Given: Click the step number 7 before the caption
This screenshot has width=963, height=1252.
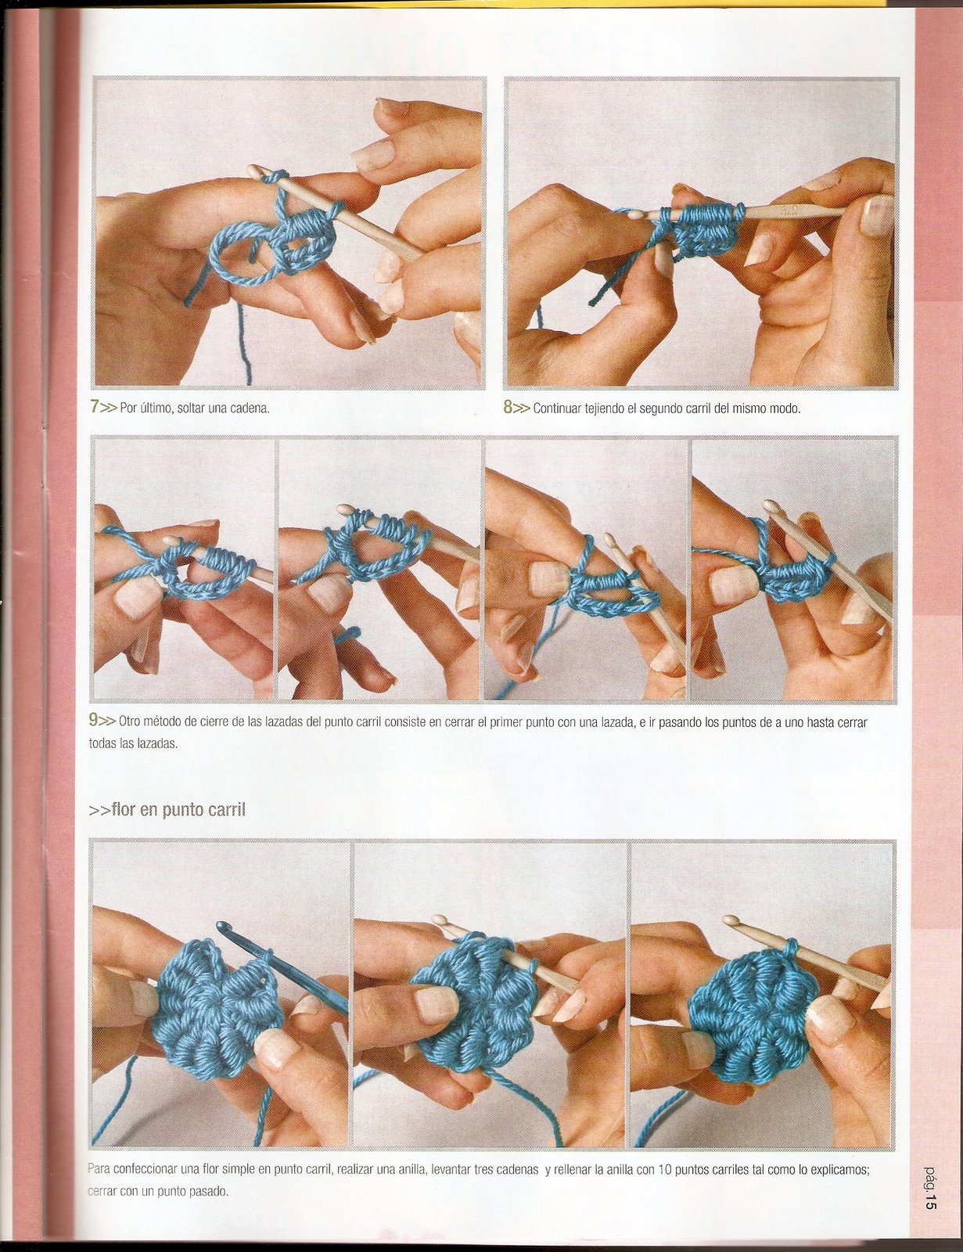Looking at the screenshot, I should tap(95, 408).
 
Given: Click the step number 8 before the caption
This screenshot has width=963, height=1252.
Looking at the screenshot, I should tap(508, 408).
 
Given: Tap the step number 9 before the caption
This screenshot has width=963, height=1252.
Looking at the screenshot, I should tap(94, 721).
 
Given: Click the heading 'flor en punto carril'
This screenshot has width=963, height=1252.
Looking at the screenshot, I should tap(178, 810).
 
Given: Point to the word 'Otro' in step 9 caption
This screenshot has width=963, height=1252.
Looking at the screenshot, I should tap(131, 722).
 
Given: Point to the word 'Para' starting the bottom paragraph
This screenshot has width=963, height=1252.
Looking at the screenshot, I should tap(99, 1171).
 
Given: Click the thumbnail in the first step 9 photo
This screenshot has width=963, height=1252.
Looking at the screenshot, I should tap(137, 597).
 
